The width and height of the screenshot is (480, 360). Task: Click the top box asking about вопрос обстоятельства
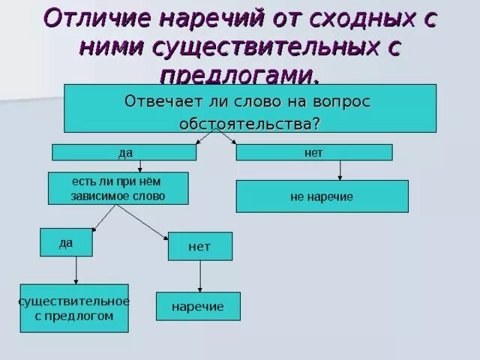point(250,109)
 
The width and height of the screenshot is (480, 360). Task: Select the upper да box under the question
point(124,152)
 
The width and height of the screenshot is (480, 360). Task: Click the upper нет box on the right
point(313,152)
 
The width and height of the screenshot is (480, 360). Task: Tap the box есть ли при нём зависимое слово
point(118,188)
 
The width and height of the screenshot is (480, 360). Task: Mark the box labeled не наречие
point(322,196)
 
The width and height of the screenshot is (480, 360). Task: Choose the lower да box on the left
point(66,243)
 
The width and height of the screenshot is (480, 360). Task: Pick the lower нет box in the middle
point(199,246)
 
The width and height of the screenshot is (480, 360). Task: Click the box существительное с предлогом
point(74,308)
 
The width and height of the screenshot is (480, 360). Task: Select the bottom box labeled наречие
point(198,307)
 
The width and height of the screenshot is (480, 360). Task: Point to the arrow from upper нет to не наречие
point(340,170)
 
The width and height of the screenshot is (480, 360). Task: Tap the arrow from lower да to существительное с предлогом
point(76,270)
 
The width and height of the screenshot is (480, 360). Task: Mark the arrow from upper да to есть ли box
point(139,166)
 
